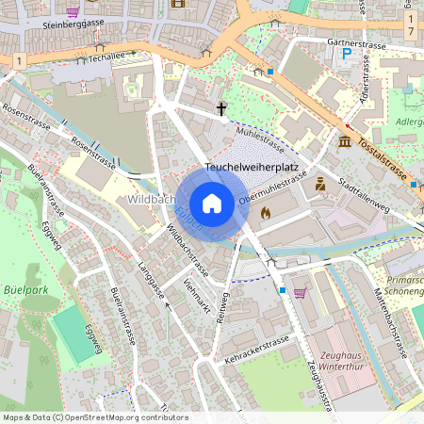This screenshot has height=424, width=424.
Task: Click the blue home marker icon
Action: [212, 204]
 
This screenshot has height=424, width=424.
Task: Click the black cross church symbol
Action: [223, 110]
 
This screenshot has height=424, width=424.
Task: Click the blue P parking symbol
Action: [347, 56]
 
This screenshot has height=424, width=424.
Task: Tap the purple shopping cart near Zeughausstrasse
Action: [300, 292]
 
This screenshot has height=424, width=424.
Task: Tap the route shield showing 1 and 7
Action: [411, 25]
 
